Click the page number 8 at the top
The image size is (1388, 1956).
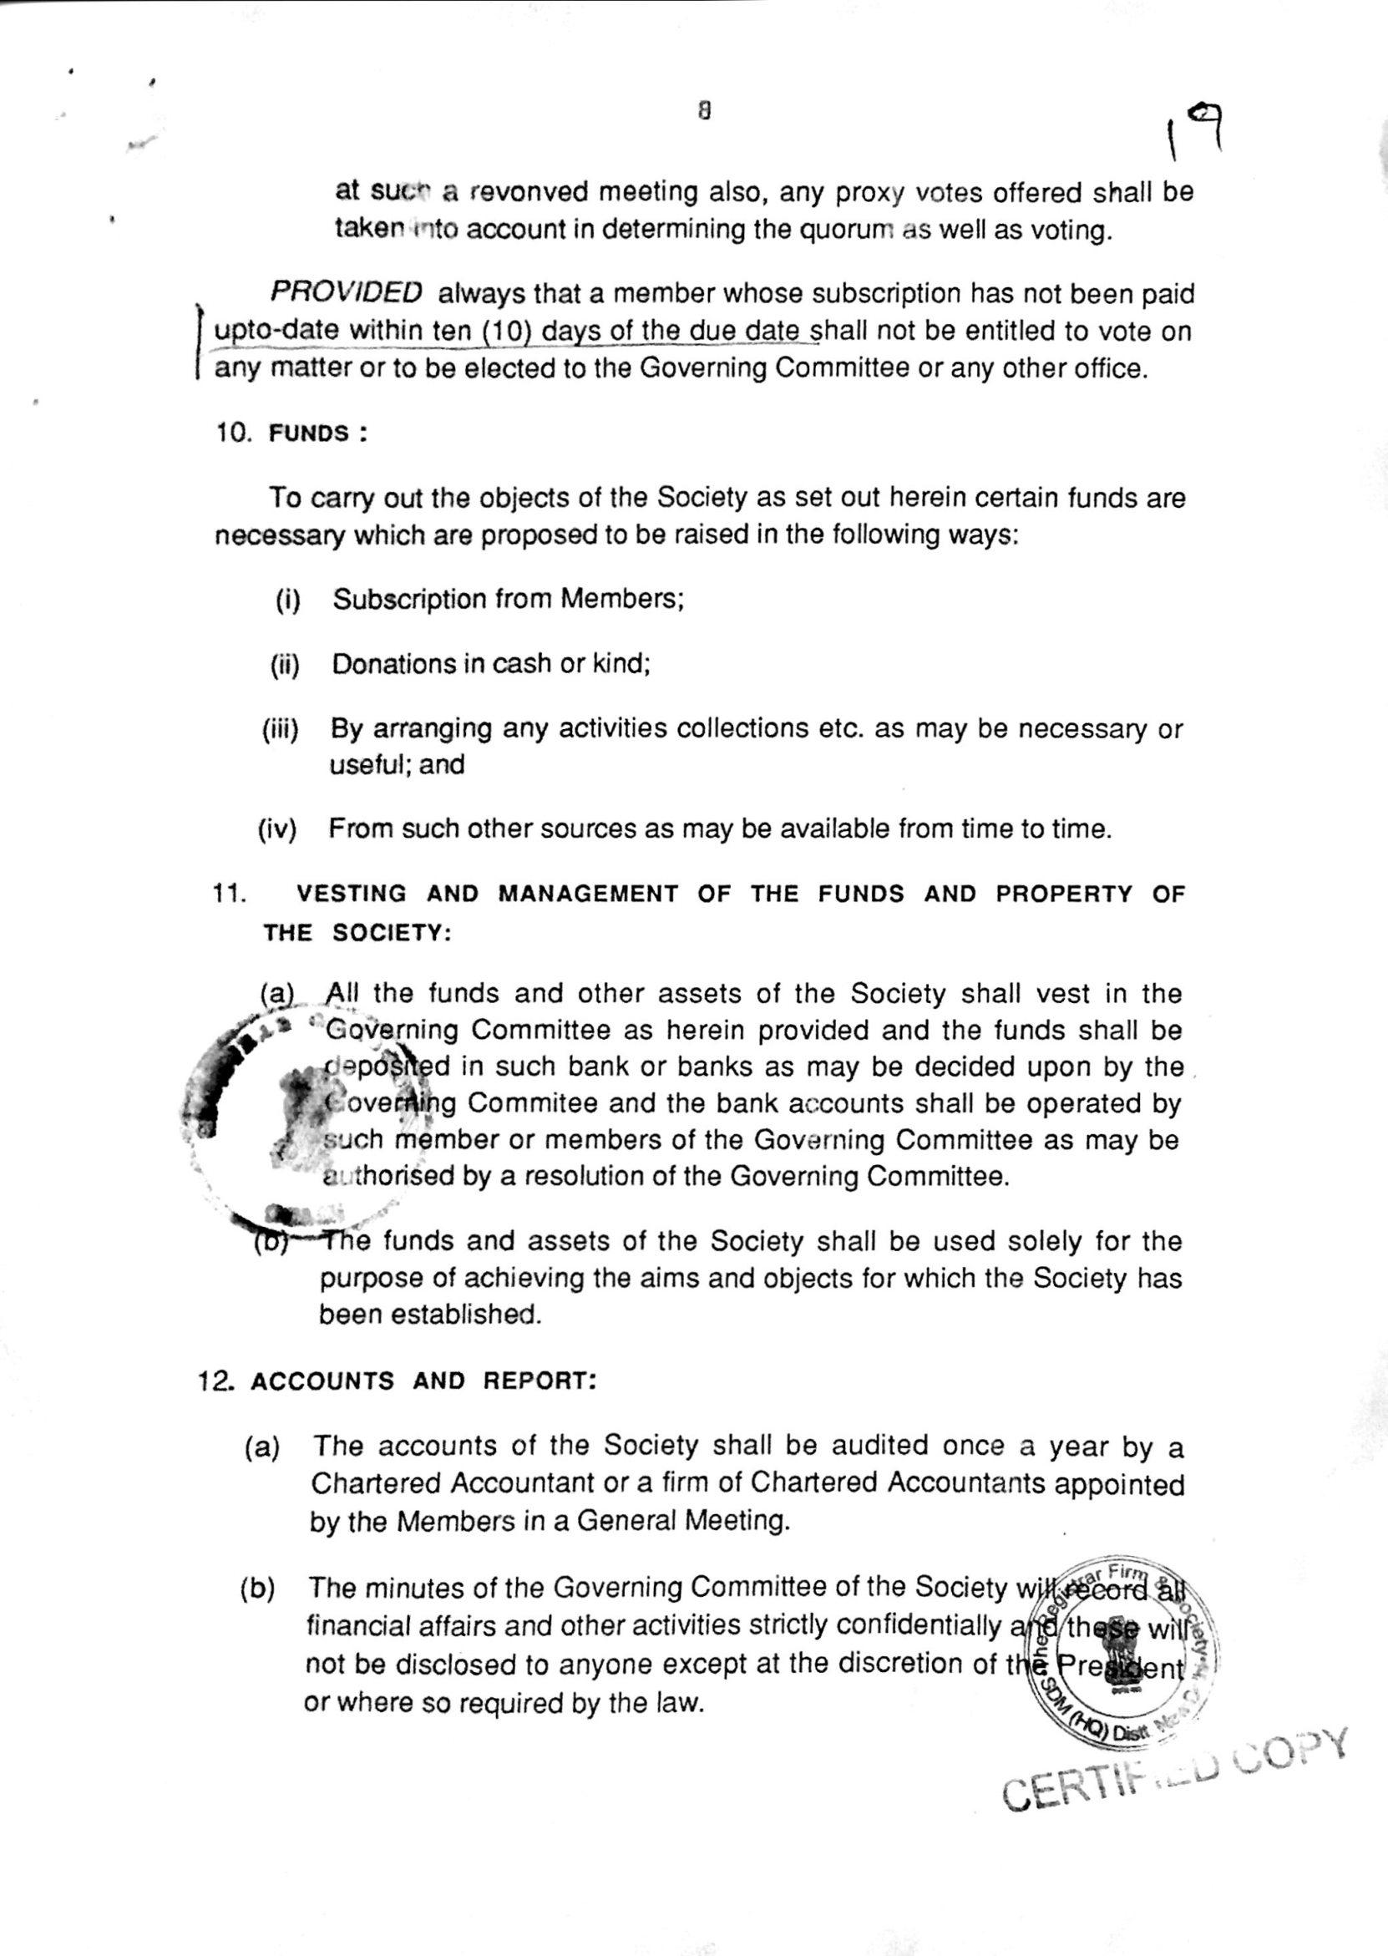click(704, 110)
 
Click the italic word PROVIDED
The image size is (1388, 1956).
click(346, 292)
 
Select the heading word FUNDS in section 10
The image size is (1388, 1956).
click(308, 433)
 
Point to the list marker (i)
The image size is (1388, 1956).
click(288, 600)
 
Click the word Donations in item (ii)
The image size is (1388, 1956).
click(394, 664)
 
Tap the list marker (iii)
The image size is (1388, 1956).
click(281, 729)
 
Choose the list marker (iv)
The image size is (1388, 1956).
click(277, 829)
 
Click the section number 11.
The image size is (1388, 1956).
click(229, 894)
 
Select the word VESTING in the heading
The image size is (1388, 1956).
click(352, 894)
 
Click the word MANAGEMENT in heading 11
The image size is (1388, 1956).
click(588, 894)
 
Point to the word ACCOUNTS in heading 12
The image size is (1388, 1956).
click(322, 1381)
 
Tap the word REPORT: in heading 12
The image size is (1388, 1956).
click(539, 1381)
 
